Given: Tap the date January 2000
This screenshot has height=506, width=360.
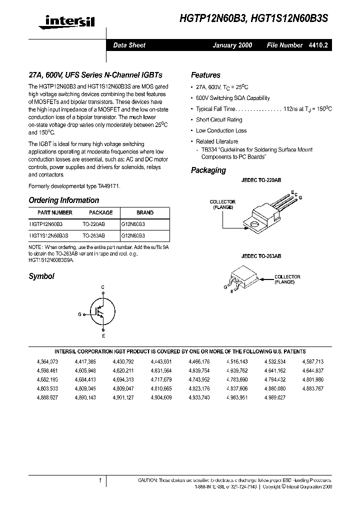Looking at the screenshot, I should (x=232, y=45).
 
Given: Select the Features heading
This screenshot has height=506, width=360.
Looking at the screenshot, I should (x=205, y=75).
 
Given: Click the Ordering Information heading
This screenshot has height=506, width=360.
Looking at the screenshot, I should (x=64, y=200).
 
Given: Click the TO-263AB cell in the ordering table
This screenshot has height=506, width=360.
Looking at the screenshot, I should (x=94, y=234).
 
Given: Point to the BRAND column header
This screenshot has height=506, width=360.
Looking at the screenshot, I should (x=145, y=212).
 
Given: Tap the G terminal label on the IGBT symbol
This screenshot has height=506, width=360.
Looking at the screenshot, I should (x=79, y=314).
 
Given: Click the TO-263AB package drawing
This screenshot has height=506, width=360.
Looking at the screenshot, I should (x=243, y=279).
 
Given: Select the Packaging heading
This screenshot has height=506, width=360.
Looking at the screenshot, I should (x=208, y=170).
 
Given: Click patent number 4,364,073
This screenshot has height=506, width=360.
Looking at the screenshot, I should (x=47, y=361).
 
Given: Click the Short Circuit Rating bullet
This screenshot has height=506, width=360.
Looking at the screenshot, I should (x=219, y=119).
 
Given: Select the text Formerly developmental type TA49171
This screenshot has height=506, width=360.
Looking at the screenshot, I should (x=74, y=185).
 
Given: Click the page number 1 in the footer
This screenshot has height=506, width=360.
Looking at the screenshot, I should (x=100, y=480).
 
